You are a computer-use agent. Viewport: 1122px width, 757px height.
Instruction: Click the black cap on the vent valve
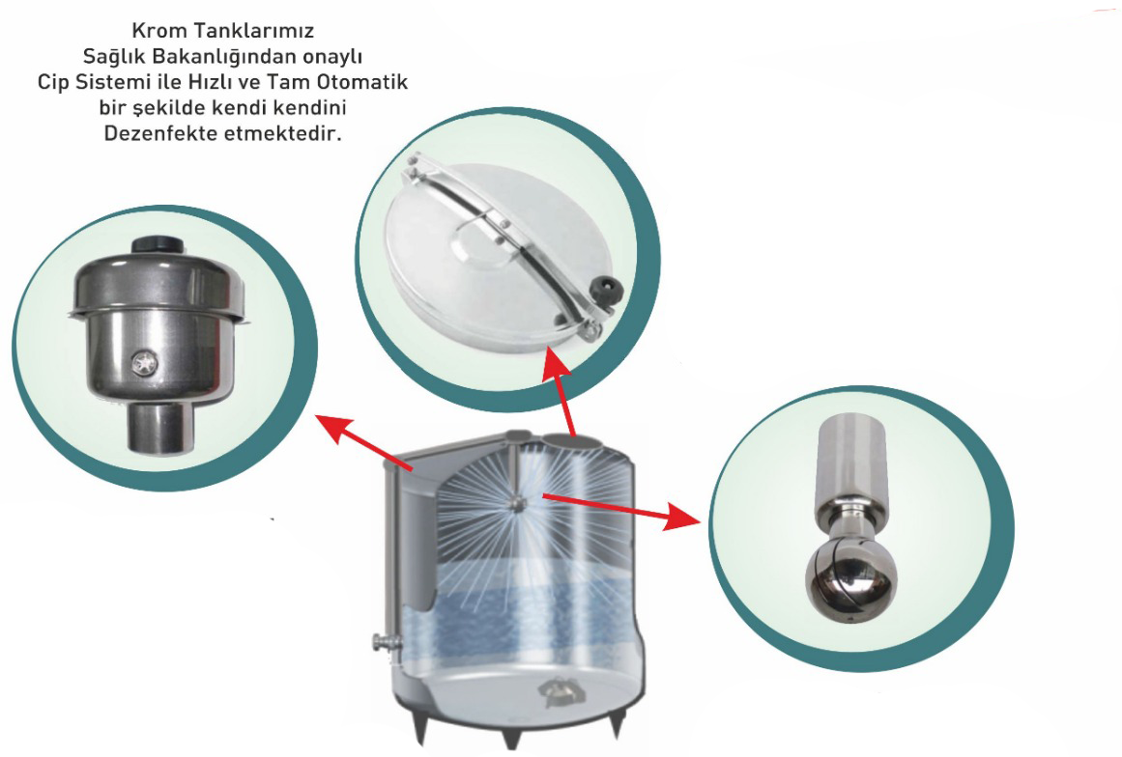(158, 244)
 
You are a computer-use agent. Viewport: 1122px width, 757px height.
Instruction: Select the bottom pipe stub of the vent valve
(161, 428)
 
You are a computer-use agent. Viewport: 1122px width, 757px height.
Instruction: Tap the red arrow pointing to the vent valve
(364, 443)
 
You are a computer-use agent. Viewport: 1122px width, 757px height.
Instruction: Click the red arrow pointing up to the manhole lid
(562, 392)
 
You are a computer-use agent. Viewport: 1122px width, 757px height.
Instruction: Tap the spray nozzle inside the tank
(516, 503)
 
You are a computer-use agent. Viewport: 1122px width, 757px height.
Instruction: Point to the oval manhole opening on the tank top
(573, 438)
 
